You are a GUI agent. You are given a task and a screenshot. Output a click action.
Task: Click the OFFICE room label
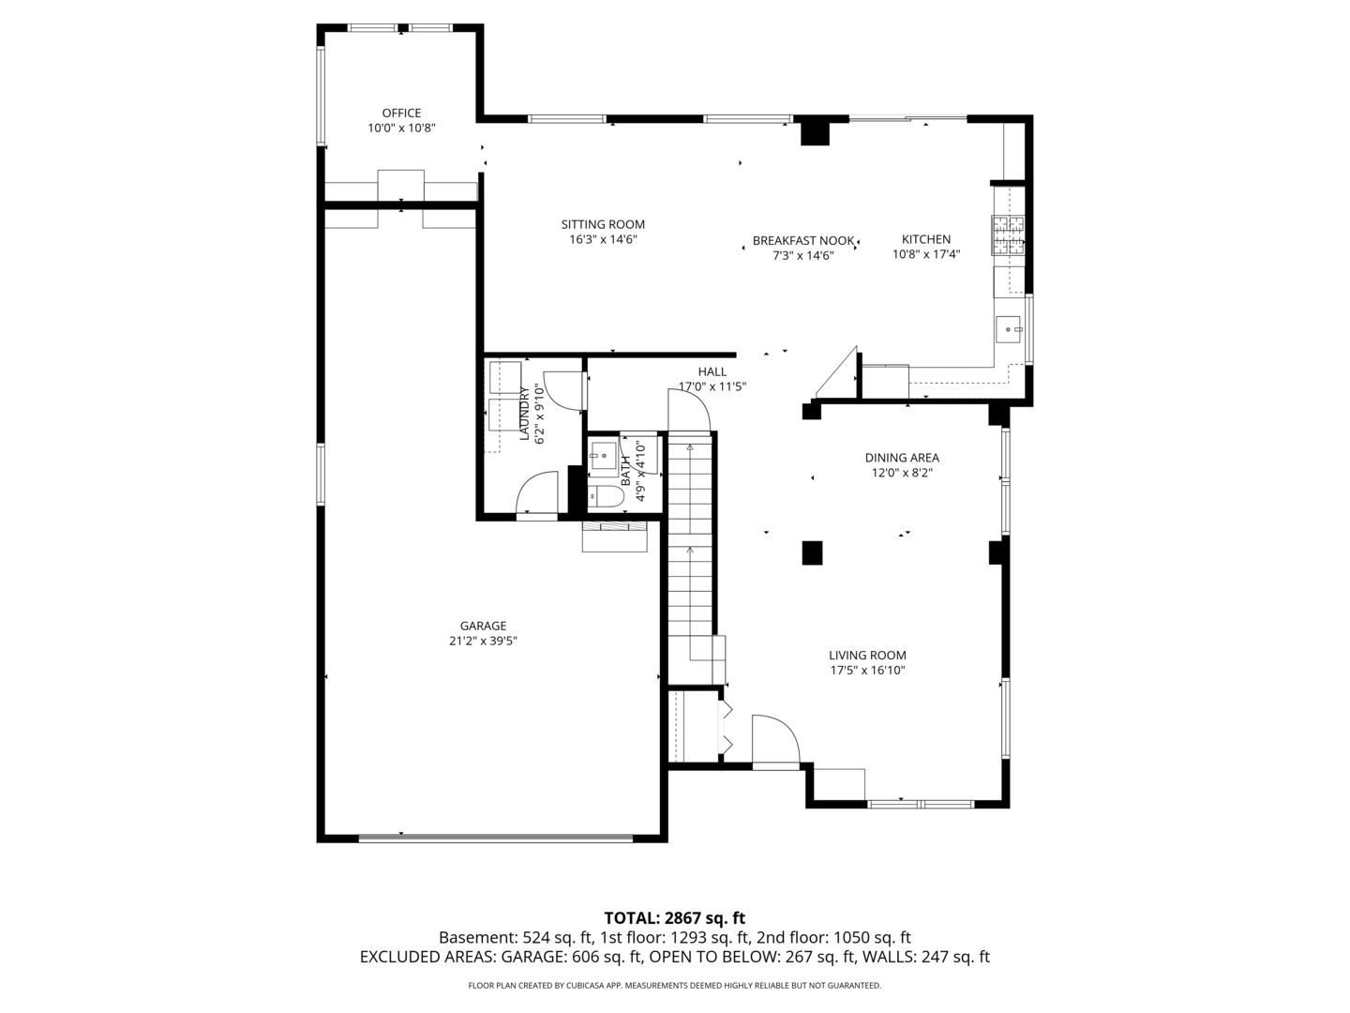click(x=401, y=113)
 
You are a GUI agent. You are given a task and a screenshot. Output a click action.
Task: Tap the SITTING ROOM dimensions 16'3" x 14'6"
click(x=603, y=240)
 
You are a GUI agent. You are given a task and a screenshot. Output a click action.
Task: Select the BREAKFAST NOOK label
click(x=803, y=241)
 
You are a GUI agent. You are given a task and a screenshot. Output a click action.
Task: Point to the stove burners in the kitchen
click(x=1009, y=236)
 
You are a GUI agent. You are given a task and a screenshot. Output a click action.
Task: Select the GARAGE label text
click(x=483, y=627)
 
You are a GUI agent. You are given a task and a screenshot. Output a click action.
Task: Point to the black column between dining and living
click(x=812, y=552)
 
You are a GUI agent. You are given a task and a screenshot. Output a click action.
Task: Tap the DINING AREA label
click(x=902, y=459)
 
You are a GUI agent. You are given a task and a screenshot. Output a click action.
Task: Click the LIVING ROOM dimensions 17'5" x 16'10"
click(x=867, y=671)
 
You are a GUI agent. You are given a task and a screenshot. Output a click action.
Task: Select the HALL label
click(x=712, y=372)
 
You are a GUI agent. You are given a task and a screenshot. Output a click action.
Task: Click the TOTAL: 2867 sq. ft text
click(x=674, y=918)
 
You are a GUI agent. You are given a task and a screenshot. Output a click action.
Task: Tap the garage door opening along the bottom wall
click(x=496, y=838)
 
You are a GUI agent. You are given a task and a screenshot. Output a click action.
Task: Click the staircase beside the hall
click(x=691, y=544)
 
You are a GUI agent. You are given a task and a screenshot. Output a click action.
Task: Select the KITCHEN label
click(x=926, y=240)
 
